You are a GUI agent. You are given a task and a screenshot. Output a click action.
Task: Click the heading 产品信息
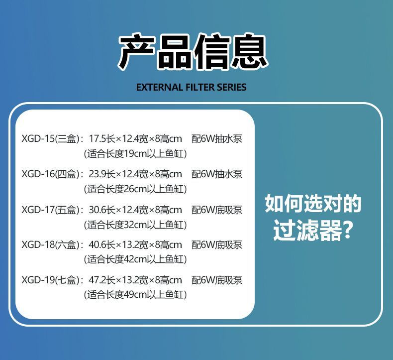click(x=193, y=52)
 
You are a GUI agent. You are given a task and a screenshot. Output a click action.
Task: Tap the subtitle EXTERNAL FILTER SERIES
click(x=191, y=88)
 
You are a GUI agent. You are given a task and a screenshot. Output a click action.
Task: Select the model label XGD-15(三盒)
click(x=49, y=139)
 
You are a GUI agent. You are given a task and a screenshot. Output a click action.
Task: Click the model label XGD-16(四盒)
click(x=49, y=174)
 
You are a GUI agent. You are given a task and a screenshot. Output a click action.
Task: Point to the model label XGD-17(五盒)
click(x=49, y=210)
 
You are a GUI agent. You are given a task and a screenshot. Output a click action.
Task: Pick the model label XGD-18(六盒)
click(x=49, y=245)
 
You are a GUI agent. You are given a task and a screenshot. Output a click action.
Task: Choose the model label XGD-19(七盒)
click(x=49, y=280)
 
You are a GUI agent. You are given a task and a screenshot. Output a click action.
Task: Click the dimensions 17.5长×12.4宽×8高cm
click(x=135, y=139)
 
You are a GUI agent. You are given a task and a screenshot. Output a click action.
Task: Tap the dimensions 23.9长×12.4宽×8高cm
click(x=135, y=174)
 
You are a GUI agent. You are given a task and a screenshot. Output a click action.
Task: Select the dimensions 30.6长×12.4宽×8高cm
click(x=135, y=210)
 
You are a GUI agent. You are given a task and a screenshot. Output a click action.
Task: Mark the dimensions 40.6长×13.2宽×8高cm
click(x=135, y=245)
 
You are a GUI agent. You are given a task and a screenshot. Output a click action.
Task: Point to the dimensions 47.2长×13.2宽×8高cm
click(x=135, y=280)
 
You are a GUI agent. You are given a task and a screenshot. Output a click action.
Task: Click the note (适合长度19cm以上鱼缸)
click(x=135, y=154)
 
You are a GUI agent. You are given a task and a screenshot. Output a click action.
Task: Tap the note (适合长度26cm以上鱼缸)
click(x=135, y=189)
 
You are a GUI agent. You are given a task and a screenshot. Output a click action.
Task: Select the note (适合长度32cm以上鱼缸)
click(x=135, y=225)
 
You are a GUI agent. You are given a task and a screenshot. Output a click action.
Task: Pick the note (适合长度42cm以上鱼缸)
click(x=135, y=259)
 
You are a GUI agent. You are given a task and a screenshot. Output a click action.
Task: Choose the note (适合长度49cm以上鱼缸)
click(x=135, y=295)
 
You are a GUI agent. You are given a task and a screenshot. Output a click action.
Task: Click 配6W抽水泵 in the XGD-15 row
click(x=217, y=139)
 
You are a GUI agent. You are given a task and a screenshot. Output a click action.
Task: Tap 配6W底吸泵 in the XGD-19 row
click(x=217, y=280)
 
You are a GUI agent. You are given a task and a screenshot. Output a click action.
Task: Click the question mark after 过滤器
click(x=349, y=232)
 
